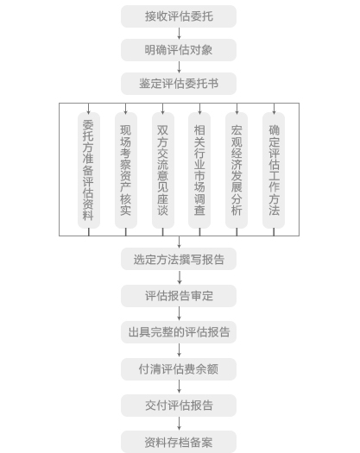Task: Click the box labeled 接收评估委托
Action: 179,16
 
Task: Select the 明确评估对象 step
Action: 179,50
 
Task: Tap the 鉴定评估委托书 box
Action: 179,84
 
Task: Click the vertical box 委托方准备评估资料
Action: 89,170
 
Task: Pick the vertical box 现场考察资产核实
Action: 126,170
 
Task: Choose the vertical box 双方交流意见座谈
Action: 163,170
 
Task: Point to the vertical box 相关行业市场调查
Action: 199,170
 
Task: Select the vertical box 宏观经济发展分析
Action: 237,170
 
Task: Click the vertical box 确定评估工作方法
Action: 274,170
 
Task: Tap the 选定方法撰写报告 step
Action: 179,259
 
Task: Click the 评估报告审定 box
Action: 179,296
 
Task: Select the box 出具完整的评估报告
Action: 179,332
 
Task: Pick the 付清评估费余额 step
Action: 179,369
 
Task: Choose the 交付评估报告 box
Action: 179,406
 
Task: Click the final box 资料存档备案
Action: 179,442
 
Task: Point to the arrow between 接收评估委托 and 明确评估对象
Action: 179,34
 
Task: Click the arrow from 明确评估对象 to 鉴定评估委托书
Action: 179,67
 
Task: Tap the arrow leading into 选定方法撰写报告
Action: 180,242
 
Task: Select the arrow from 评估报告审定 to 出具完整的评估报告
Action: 180,314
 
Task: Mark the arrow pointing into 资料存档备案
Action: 180,424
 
